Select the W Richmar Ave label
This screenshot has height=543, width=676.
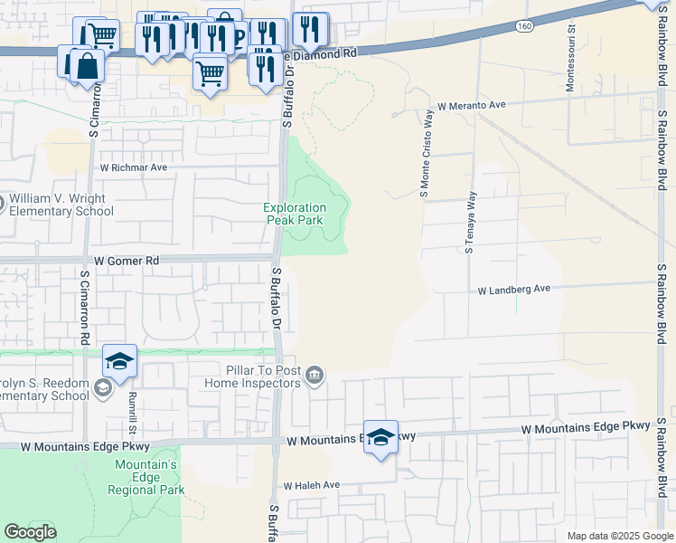click(134, 167)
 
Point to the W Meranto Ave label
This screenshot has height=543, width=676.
click(471, 105)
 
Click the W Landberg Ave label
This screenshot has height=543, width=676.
click(514, 290)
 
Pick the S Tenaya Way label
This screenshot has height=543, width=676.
click(470, 222)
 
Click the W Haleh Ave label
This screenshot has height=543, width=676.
click(311, 485)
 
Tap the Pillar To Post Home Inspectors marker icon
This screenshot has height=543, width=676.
click(315, 376)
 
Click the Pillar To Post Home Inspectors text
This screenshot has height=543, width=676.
click(263, 376)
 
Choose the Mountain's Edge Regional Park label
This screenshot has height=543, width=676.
click(146, 477)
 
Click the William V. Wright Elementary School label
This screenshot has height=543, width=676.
click(61, 205)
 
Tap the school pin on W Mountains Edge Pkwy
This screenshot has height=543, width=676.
click(381, 436)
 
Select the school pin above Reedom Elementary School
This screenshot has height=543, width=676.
click(119, 361)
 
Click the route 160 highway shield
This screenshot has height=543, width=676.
click(523, 26)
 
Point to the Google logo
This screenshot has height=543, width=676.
click(30, 532)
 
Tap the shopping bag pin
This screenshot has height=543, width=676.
click(87, 65)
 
